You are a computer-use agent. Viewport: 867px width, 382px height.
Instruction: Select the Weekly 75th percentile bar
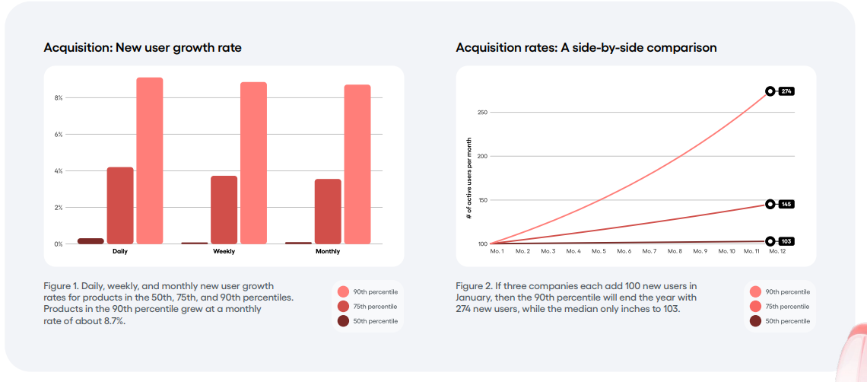(x=224, y=209)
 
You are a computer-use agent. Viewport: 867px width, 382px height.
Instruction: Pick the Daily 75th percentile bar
(x=120, y=205)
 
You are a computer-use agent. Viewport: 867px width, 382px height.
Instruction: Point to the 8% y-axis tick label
(x=59, y=97)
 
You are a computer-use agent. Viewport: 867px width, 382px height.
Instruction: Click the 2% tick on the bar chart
(x=59, y=207)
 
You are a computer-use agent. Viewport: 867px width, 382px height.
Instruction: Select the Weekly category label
(x=224, y=251)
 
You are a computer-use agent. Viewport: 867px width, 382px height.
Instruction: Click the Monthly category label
(x=328, y=251)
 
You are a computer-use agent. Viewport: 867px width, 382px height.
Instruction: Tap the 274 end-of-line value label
(x=786, y=91)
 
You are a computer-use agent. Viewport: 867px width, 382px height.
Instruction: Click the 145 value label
(x=786, y=204)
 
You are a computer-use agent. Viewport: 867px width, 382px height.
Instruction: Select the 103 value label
(x=786, y=241)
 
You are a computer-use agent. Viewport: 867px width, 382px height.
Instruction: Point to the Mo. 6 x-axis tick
(x=624, y=251)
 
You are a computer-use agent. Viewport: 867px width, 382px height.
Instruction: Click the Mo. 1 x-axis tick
(x=497, y=251)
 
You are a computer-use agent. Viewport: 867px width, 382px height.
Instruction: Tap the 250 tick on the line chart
(x=482, y=113)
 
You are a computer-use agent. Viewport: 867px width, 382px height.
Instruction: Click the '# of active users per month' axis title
(x=469, y=179)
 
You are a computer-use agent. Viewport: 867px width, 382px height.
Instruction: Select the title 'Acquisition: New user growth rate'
(x=142, y=48)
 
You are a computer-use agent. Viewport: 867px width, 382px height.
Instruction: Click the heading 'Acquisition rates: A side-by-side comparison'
(x=586, y=48)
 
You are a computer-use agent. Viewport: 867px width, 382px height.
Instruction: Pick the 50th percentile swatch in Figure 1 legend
(x=343, y=321)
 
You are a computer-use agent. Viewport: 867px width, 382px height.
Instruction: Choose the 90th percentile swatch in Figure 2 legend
(x=755, y=291)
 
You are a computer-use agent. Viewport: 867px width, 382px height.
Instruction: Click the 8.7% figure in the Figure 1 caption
(x=113, y=320)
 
